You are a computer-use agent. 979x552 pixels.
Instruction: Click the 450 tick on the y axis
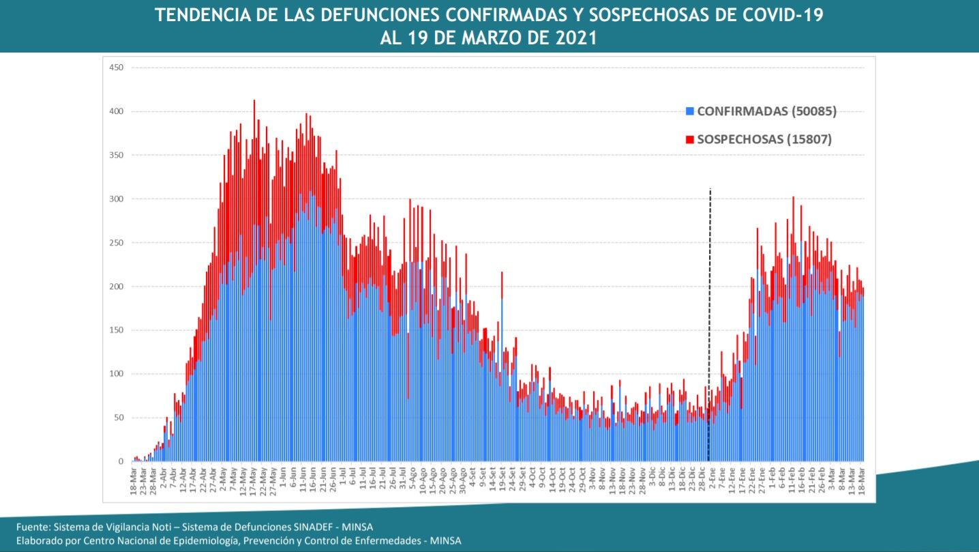coord(116,68)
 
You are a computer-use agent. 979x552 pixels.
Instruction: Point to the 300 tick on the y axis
coord(116,199)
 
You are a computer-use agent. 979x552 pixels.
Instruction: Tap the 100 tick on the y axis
coord(116,374)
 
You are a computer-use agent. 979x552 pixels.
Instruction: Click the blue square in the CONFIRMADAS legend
coord(690,111)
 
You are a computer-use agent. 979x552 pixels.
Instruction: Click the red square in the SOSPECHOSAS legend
coord(690,139)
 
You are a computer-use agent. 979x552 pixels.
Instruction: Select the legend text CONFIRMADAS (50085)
coord(766,111)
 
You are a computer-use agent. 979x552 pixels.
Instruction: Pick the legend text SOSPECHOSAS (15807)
coord(764,139)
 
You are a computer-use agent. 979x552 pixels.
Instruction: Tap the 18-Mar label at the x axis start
coord(133,475)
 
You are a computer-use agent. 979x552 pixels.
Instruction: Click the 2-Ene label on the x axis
coord(713,473)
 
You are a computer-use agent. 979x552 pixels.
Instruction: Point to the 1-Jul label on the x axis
coord(342,473)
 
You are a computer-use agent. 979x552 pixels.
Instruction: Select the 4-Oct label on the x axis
coord(532,473)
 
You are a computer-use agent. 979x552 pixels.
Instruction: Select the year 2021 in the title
coord(575,38)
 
